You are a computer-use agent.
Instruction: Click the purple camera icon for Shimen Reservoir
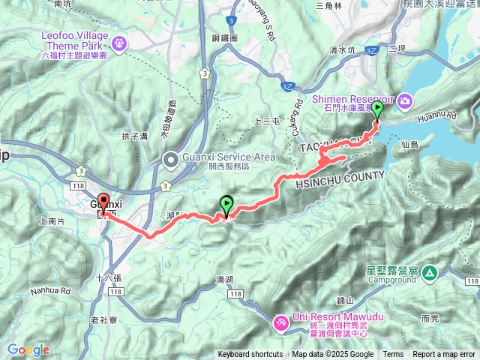point(405,100)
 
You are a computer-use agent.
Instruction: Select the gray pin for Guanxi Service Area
point(172,159)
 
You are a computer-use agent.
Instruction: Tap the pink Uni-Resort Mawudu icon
point(280,322)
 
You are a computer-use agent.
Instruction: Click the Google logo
point(28,349)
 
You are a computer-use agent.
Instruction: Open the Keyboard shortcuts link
point(251,355)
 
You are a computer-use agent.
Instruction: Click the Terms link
point(393,355)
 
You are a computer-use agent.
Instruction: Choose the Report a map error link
point(444,355)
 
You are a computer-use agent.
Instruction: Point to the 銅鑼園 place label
point(223,36)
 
